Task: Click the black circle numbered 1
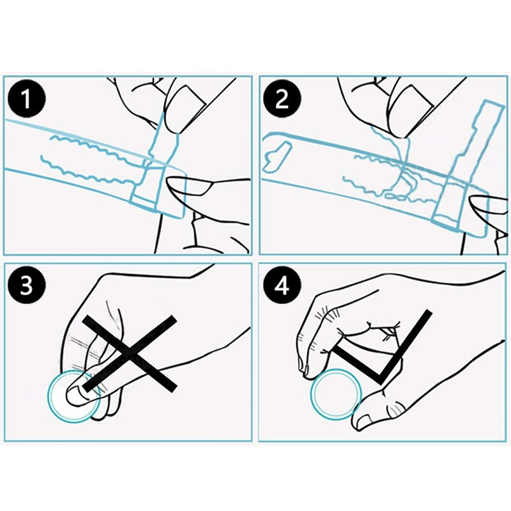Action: tap(26, 99)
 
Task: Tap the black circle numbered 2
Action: tap(282, 99)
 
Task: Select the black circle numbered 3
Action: tap(26, 286)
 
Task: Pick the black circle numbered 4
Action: tap(282, 286)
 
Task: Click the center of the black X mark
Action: tap(130, 354)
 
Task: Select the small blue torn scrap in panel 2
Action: tap(277, 156)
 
